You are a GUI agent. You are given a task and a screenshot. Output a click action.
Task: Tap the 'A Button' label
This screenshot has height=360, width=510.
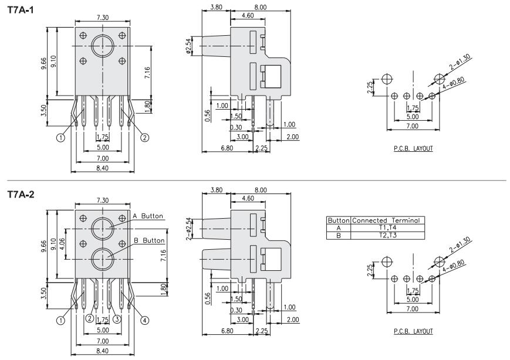pos(148,216)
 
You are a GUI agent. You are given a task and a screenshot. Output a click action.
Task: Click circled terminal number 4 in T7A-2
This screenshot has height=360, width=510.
pos(145,320)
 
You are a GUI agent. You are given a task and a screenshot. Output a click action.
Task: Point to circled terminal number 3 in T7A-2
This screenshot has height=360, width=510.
pos(117,318)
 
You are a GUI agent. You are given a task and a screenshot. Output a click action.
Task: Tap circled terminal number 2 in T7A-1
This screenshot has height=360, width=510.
pos(145,138)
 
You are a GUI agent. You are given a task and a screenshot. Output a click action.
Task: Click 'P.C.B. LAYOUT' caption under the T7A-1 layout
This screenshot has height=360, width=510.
pos(413,149)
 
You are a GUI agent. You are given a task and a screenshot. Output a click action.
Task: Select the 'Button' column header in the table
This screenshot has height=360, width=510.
pos(339,220)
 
